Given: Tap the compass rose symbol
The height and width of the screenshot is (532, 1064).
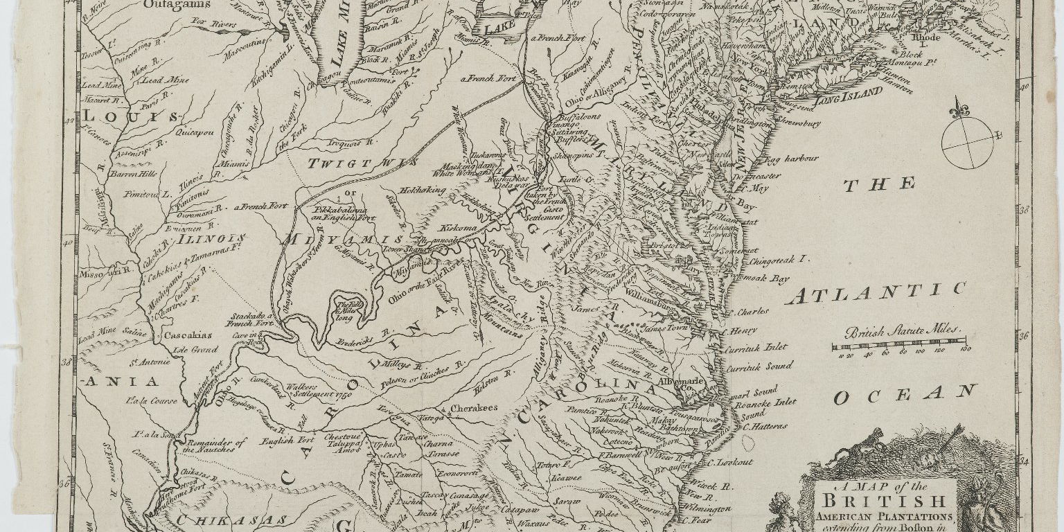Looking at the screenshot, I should pos(967,139).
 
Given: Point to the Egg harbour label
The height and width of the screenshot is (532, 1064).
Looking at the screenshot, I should pos(780,159).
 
